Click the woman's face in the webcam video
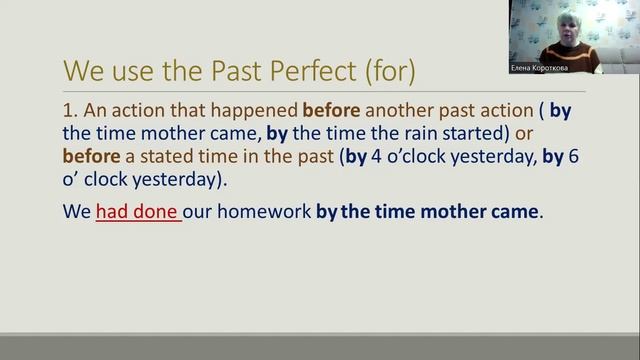pyautogui.click(x=556, y=29)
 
